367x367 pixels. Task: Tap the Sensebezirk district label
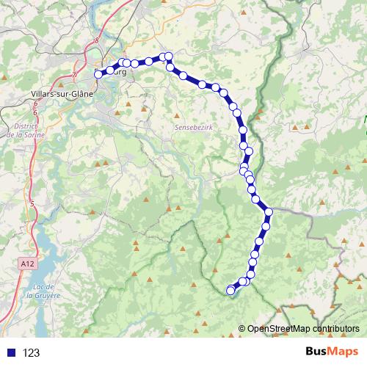pyautogui.click(x=194, y=126)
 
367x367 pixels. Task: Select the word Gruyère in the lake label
pyautogui.click(x=38, y=297)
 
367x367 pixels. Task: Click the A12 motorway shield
pyautogui.click(x=26, y=261)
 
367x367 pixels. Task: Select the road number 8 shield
pyautogui.click(x=95, y=42)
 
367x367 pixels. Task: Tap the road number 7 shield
pyautogui.click(x=75, y=73)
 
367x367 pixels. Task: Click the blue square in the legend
pyautogui.click(x=10, y=352)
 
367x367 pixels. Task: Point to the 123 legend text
pyautogui.click(x=32, y=352)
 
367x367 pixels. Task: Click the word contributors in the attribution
pyautogui.click(x=335, y=329)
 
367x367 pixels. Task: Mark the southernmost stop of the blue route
pyautogui.click(x=230, y=291)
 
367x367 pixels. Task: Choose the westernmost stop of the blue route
pyautogui.click(x=99, y=74)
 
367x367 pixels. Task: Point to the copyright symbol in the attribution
pyautogui.click(x=242, y=329)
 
